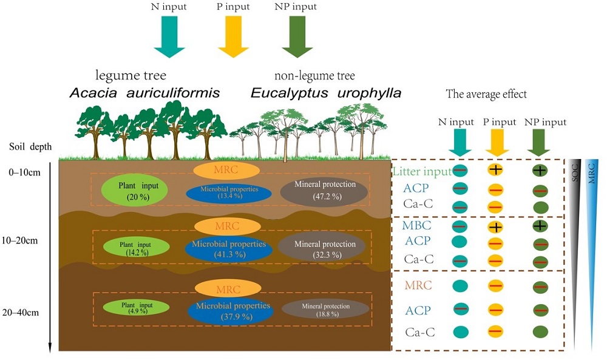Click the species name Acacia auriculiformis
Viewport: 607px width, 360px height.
point(144,93)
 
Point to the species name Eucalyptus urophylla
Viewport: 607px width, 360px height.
point(326,93)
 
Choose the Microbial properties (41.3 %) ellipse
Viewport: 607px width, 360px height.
point(229,250)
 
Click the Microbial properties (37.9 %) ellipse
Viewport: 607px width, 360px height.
point(231,311)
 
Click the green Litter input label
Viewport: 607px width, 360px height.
point(421,172)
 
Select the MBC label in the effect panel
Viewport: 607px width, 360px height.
point(417,226)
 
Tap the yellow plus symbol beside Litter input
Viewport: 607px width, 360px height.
point(496,171)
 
